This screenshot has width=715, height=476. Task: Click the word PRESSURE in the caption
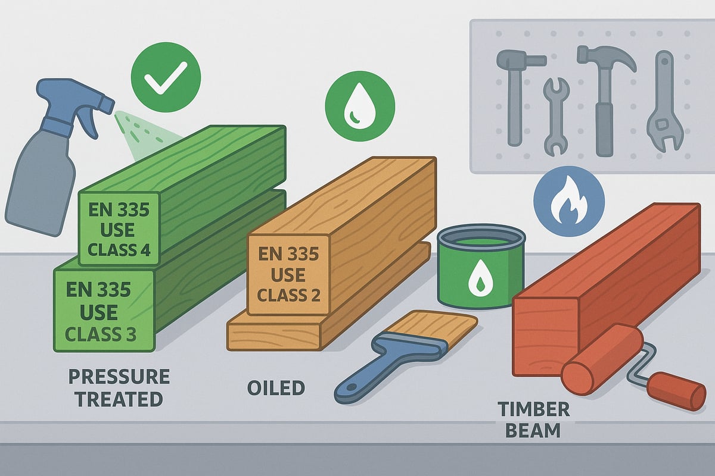pyautogui.click(x=119, y=377)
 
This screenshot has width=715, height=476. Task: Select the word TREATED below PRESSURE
pyautogui.click(x=119, y=399)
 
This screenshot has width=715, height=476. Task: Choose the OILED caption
pyautogui.click(x=276, y=388)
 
